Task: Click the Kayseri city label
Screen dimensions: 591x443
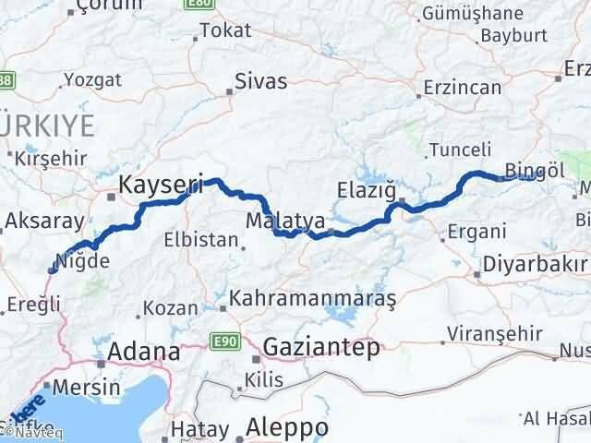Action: pos(161,186)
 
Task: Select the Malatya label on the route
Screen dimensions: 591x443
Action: pos(284,221)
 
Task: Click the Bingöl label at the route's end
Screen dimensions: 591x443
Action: pos(535,170)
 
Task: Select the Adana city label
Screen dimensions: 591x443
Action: pos(144,352)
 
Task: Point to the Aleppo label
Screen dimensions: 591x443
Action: pos(287,428)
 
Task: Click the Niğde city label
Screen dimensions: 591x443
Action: pos(90,261)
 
